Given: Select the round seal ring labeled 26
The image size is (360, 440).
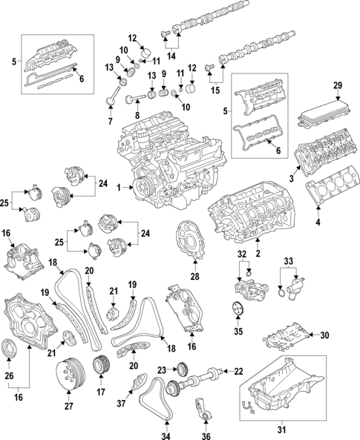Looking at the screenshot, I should click(x=14, y=349).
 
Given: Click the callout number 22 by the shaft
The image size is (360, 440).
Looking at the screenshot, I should click(x=239, y=372).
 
